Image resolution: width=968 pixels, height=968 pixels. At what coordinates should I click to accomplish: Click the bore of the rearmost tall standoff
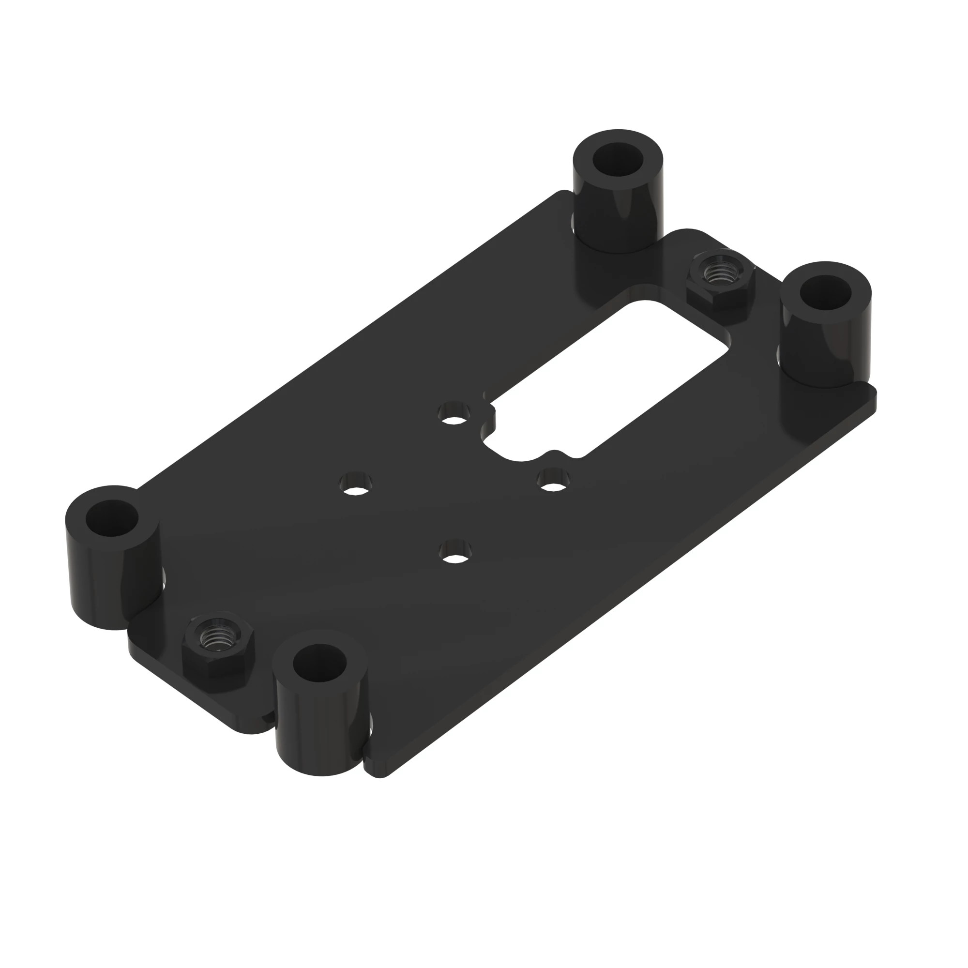pyautogui.click(x=617, y=159)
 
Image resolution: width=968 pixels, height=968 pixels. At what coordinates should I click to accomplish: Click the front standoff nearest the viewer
pyautogui.click(x=321, y=711)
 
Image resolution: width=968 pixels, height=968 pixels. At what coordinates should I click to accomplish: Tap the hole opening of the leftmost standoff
pyautogui.click(x=112, y=518)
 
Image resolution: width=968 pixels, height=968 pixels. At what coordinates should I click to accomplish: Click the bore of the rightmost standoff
pyautogui.click(x=825, y=291)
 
